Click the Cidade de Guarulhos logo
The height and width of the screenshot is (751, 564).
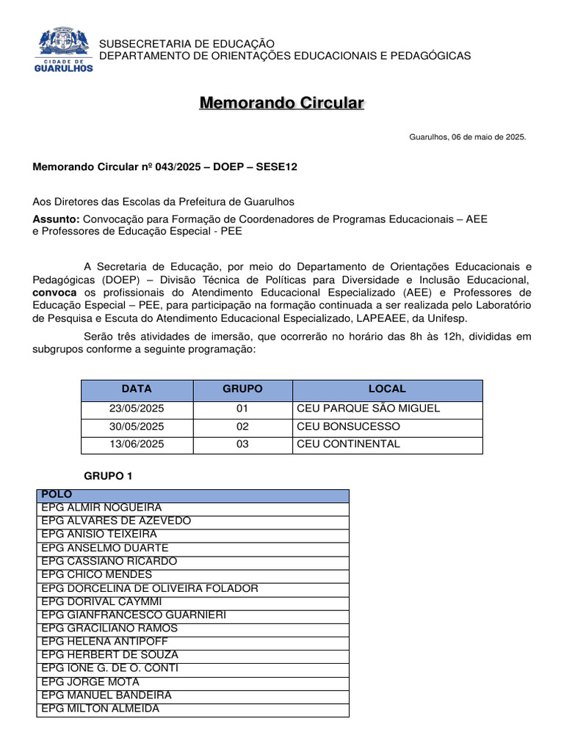(x=65, y=50)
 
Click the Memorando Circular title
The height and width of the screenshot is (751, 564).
(x=281, y=103)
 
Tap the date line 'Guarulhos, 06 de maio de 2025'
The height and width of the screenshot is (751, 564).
(x=467, y=137)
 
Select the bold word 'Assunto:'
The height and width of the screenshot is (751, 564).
(x=56, y=219)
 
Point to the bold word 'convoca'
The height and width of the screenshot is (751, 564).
(x=54, y=293)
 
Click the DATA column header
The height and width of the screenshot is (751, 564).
(x=137, y=389)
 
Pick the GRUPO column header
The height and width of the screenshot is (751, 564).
(x=242, y=389)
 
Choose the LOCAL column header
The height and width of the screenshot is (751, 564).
(x=387, y=389)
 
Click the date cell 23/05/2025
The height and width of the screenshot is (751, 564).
(x=137, y=409)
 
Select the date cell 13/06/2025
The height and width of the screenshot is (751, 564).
(x=137, y=444)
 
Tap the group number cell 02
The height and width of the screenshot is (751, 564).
(x=242, y=426)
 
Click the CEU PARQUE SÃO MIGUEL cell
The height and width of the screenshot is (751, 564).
(x=368, y=409)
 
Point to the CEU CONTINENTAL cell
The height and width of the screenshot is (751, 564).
(x=348, y=444)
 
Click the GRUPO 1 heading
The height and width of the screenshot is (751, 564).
(x=108, y=476)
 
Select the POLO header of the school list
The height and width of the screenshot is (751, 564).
(x=57, y=495)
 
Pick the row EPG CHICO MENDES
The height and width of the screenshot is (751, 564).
(x=96, y=574)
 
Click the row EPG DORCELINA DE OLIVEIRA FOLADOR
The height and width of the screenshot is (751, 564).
(x=149, y=588)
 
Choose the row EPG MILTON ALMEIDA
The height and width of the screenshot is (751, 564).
(x=100, y=708)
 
